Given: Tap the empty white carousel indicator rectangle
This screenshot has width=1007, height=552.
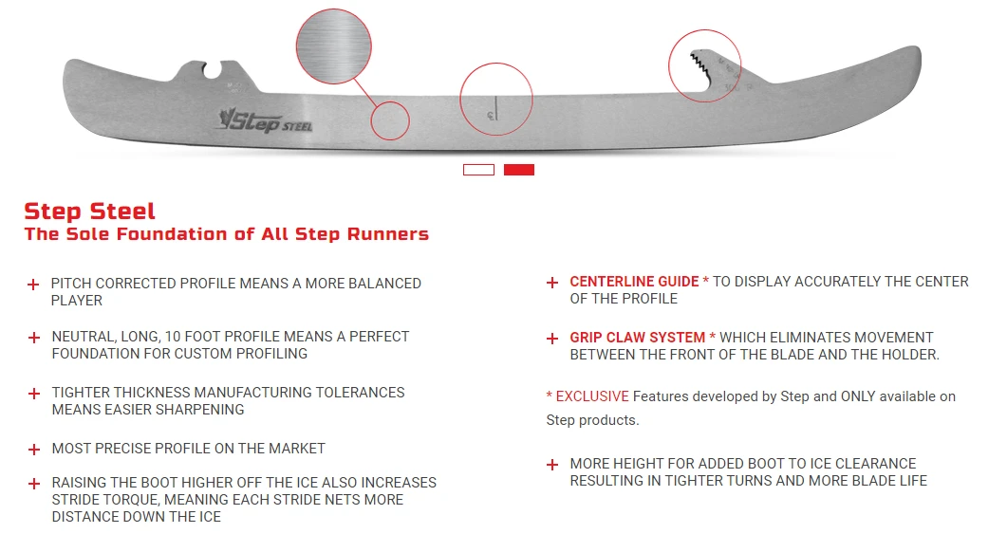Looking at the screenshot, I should point(478,170).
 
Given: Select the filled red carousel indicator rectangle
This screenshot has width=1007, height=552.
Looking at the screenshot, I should point(519,170).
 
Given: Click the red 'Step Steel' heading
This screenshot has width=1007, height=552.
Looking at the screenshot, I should point(89,211).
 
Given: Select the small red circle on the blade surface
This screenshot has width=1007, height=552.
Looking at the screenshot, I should point(390,121).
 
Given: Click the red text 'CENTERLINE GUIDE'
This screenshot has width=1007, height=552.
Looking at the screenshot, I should point(634,282).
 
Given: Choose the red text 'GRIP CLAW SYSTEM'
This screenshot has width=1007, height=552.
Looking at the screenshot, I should point(637,338).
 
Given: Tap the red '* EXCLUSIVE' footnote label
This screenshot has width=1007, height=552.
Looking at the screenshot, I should point(587,396).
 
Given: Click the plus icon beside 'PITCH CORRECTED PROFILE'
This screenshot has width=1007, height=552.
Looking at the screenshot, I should point(33,284).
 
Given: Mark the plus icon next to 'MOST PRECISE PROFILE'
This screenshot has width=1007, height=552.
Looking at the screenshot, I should point(33,449).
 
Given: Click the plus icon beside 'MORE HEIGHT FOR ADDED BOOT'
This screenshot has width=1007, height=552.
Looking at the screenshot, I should point(551,465).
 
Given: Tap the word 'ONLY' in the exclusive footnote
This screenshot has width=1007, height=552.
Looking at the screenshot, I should point(860,396).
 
